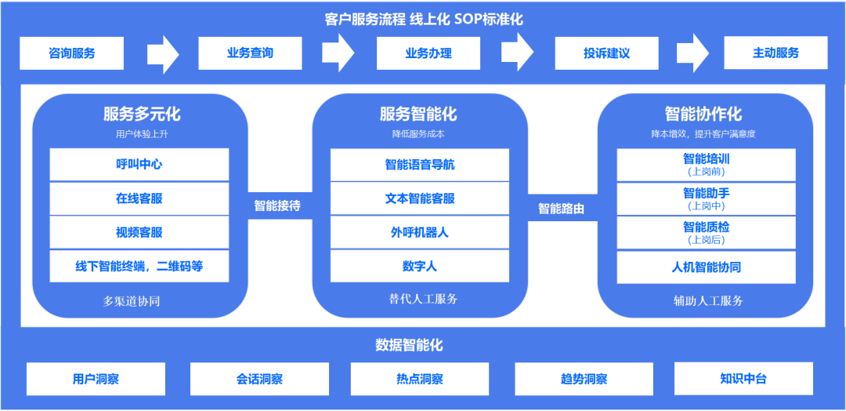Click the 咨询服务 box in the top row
coord(72,53)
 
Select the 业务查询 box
coord(251,53)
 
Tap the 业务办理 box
coord(428,53)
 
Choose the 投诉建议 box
coord(606,53)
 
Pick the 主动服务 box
coord(775,53)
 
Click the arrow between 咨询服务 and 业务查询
coord(162,54)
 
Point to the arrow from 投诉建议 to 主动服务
coord(692,54)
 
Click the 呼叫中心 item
coord(139,165)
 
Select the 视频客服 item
coord(139,232)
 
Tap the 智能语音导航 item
coord(420,165)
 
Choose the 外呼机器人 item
coord(420,232)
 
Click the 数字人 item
coord(420,267)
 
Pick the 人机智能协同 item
coord(706,267)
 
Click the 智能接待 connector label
coord(277,206)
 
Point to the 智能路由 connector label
coord(561,209)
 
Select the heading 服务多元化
coord(142,115)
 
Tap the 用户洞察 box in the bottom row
coord(96,379)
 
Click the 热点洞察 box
coord(420,379)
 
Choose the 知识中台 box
coord(743,379)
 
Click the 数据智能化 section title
coord(409,345)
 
